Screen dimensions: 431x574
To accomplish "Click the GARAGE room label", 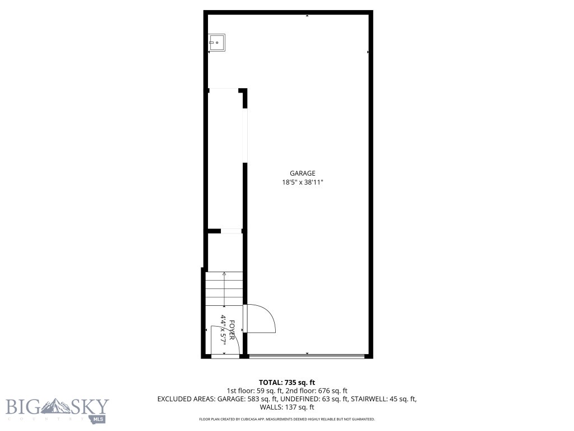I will (303, 173).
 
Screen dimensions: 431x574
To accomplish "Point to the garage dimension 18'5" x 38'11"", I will (303, 182).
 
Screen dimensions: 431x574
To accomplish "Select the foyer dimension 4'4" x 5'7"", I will (223, 329).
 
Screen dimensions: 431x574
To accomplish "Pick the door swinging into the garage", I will (261, 319).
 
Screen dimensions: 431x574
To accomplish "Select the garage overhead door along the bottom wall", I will (307, 356).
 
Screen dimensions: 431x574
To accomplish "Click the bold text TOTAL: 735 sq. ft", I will (290, 382).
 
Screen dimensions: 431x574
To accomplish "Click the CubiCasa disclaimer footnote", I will (286, 419).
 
